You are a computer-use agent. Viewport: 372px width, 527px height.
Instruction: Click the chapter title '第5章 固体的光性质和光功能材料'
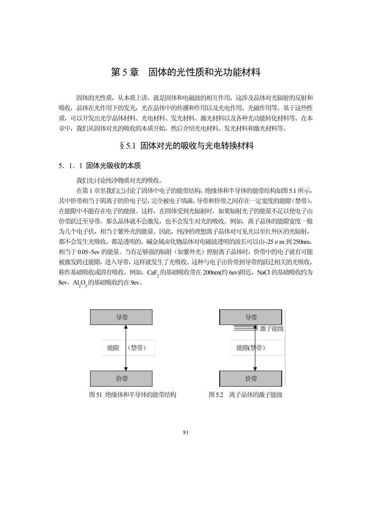pos(186,73)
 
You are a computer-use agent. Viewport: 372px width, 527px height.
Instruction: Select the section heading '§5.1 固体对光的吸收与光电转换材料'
pos(186,146)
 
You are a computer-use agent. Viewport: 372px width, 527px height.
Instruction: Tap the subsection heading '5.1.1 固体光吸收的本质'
pos(99,166)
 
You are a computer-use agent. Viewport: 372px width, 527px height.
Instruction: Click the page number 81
pos(186,432)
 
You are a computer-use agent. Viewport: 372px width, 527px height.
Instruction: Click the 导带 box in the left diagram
pos(121,317)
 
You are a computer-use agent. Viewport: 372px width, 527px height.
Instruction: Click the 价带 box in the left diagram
pos(121,379)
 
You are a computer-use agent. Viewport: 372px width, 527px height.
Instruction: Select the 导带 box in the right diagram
pos(251,317)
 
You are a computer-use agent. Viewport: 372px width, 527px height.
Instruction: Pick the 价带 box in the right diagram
pos(251,379)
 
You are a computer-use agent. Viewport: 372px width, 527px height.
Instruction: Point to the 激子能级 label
pos(272,329)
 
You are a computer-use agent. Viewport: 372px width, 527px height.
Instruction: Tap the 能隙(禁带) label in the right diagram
pos(251,348)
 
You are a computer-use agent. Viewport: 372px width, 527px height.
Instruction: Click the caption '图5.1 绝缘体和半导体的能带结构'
pos(133,395)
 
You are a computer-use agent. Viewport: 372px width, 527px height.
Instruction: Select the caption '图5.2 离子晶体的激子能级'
pos(246,395)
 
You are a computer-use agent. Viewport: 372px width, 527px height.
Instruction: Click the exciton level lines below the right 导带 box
pos(245,328)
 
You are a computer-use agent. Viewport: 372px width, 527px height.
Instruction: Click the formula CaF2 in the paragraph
pos(153,273)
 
